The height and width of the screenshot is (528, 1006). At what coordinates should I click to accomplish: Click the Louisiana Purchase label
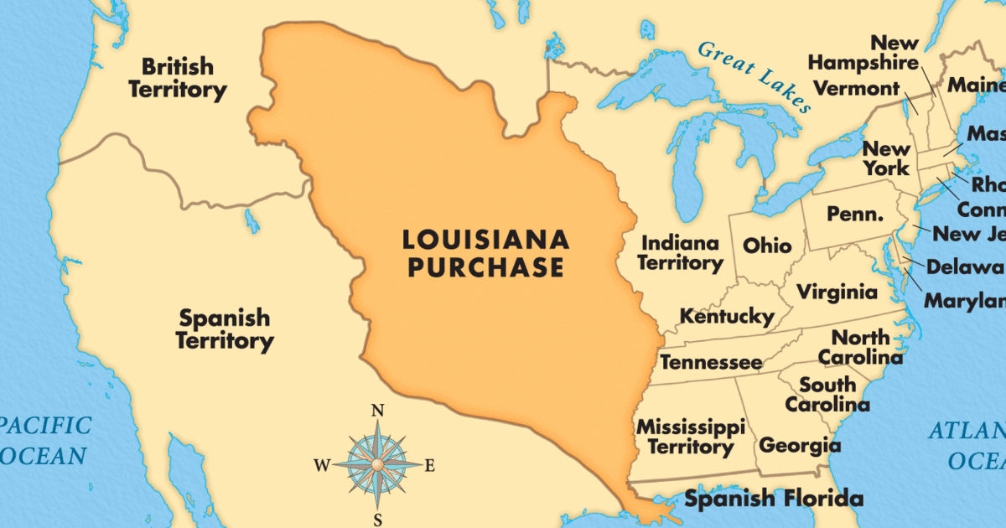(485, 253)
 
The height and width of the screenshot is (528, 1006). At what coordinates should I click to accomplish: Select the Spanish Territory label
(225, 329)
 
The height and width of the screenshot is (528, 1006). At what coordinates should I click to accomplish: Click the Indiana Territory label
(680, 252)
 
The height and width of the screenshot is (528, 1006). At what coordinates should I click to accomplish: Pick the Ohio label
(767, 246)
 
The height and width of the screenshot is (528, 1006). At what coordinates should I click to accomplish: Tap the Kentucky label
(726, 317)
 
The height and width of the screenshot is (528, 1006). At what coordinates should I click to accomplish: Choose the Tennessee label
(711, 362)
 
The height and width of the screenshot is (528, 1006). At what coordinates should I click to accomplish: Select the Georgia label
(800, 445)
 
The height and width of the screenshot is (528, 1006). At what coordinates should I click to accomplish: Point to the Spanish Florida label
(773, 499)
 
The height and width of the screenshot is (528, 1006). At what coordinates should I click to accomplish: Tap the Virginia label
(837, 292)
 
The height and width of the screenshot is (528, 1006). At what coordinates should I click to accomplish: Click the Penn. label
(855, 215)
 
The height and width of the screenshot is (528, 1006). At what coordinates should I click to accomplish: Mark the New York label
(887, 158)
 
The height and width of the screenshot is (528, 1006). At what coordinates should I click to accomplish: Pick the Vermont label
(856, 88)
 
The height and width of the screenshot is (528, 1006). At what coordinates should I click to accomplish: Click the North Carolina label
(860, 347)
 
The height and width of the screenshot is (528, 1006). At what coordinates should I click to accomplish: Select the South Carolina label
(827, 394)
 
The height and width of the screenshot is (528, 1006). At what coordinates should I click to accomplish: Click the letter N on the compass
(377, 411)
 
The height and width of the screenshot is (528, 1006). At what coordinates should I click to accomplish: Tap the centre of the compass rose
(376, 463)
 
